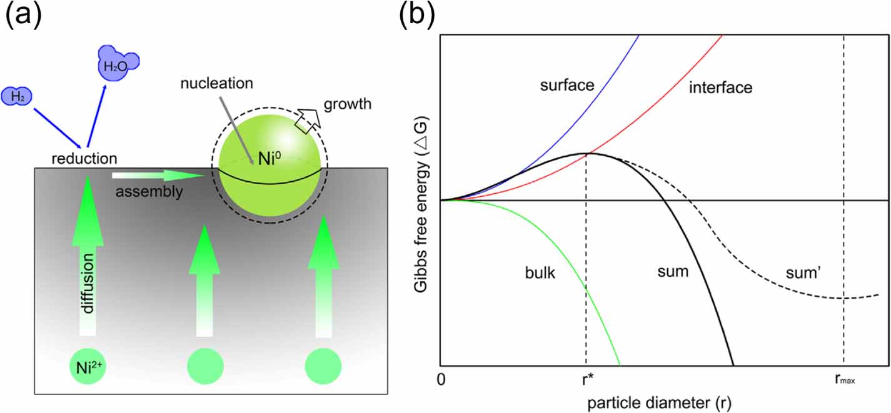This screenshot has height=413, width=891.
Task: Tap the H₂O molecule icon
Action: pos(117,62)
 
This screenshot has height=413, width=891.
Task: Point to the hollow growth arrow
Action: pos(307,120)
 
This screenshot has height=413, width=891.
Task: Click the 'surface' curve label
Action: pos(566,84)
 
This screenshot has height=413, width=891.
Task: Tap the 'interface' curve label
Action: pos(720,88)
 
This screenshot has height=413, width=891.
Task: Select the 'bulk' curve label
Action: pos(540,274)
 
